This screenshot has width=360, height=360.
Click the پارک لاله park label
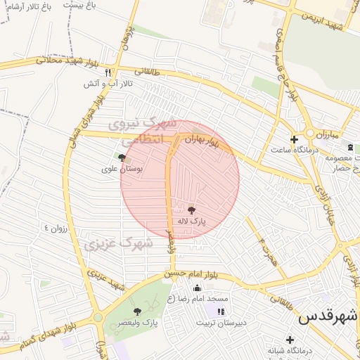192,221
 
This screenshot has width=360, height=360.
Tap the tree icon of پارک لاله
191,209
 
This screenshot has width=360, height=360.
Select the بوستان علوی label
122,169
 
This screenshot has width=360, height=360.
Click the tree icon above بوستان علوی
122,158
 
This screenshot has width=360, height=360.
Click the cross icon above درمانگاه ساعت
294,139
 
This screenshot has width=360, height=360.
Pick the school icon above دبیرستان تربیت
221,311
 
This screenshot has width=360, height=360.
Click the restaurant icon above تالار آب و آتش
108,72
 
